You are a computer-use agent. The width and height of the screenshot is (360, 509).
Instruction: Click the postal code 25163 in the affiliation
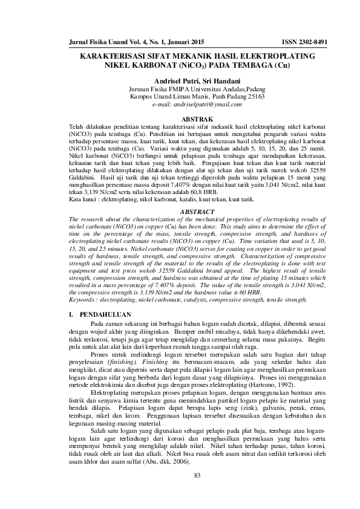(254, 96)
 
